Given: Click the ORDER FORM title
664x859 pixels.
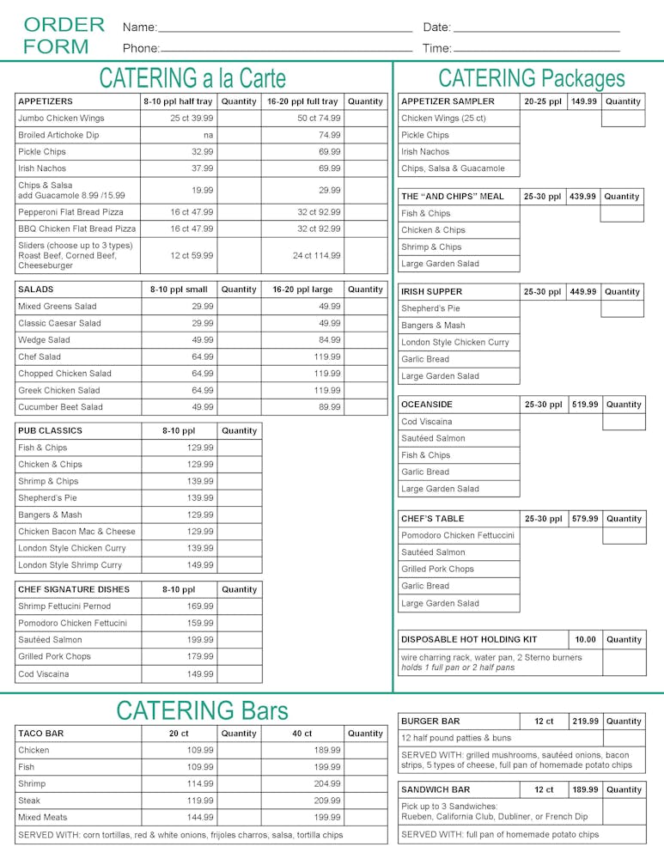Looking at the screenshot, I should pos(64,35).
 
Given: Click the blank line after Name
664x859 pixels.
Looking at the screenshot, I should pos(285,29).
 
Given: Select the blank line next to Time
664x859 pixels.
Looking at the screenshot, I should pos(536,49).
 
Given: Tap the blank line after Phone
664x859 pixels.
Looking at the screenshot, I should pos(286,49).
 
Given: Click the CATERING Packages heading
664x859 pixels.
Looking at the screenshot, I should pos(531,78).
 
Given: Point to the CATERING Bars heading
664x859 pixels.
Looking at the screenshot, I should pos(202,710).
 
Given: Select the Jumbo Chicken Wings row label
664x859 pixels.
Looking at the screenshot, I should pos(61,118).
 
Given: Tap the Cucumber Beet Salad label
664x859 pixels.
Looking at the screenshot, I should pos(60,407).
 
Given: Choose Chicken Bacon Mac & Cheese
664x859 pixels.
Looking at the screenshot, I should pos(76,532).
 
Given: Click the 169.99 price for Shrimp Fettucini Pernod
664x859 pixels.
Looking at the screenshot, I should pos(199,606).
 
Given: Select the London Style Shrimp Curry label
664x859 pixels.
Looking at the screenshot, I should pos(70,565).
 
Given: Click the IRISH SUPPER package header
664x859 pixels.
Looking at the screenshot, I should pos(431,292).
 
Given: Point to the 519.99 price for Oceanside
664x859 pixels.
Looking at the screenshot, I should pos(585,405).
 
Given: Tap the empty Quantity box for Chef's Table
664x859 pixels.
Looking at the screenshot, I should pos(624,536).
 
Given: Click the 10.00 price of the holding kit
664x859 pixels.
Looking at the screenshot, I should pos(585,640).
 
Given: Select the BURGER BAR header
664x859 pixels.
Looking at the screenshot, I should pos(430,722).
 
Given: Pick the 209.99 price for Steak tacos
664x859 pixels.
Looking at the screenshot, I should pos(326,801).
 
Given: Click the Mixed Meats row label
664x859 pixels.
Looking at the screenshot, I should pos(42,817).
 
